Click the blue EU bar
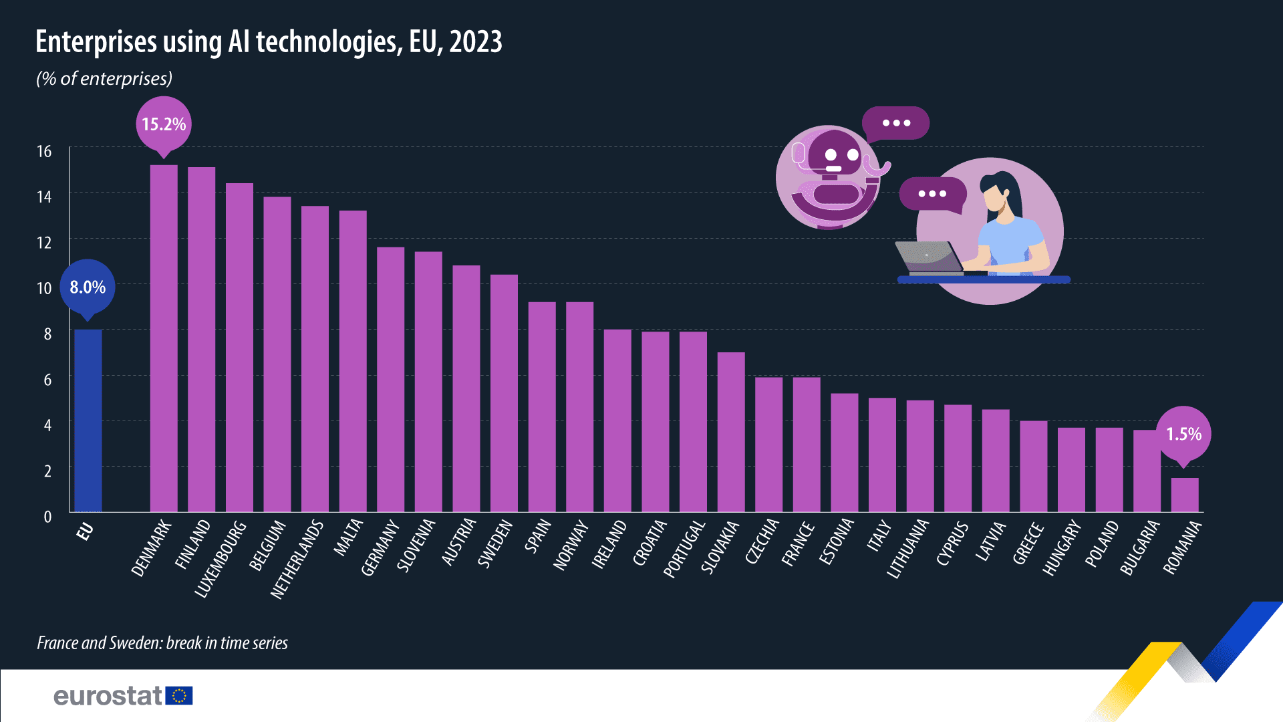[x=88, y=421]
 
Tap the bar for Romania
[x=1184, y=495]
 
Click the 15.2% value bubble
[x=164, y=124]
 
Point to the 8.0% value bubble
[x=88, y=287]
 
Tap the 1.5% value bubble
[x=1183, y=435]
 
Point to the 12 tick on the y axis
[x=44, y=243]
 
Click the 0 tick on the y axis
[x=47, y=517]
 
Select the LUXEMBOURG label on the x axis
[x=221, y=559]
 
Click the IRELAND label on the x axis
[x=609, y=545]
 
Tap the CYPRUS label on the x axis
[x=952, y=544]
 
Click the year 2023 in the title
[x=476, y=42]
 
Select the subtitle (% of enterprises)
[x=104, y=79]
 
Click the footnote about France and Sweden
[x=162, y=643]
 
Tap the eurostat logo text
[x=108, y=696]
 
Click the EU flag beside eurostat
[x=179, y=696]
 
